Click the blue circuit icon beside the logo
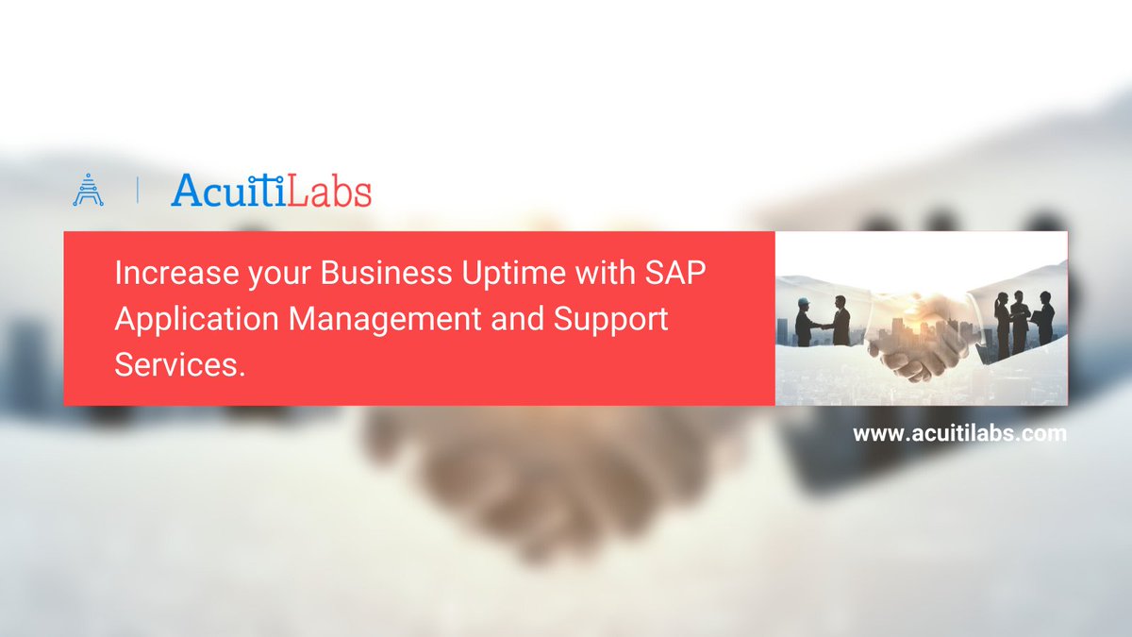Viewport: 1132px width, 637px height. pyautogui.click(x=88, y=190)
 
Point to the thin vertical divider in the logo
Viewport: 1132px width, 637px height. pyautogui.click(x=138, y=190)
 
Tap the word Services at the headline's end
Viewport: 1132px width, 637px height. pyautogui.click(x=179, y=363)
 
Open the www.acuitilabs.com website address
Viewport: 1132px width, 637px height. pyautogui.click(x=959, y=434)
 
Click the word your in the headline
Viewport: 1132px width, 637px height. pyautogui.click(x=270, y=275)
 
